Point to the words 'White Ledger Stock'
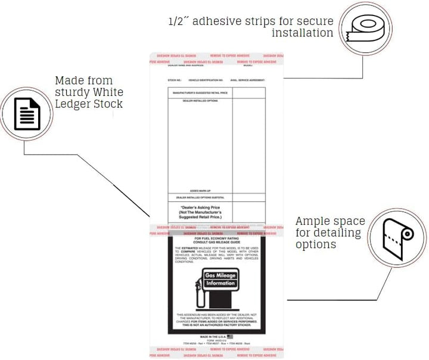tap(89, 98)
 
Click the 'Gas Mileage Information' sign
tap(220, 279)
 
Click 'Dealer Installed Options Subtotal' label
tap(200, 197)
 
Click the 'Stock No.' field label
tap(174, 79)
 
